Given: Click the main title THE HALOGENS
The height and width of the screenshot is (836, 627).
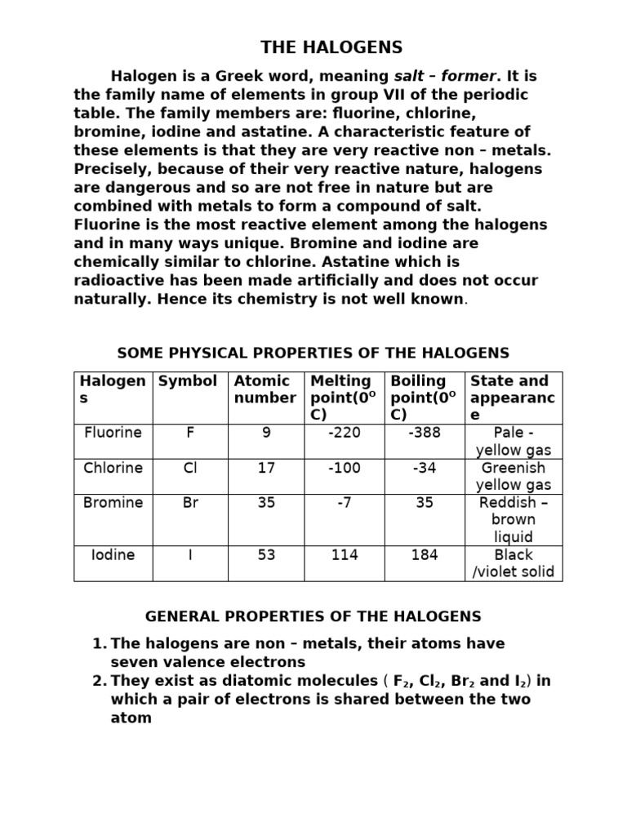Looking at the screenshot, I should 331,47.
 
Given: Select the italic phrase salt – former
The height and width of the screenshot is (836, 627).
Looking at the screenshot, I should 445,77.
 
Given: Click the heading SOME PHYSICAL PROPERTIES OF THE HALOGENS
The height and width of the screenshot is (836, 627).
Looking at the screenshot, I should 313,354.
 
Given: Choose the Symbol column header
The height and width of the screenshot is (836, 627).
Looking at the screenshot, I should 188,381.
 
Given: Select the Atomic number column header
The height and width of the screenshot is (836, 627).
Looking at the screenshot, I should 265,389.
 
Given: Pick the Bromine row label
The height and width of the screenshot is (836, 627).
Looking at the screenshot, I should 113,503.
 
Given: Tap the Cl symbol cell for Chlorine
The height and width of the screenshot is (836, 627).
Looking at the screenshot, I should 190,468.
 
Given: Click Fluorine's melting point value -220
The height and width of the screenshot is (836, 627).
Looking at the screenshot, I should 344,433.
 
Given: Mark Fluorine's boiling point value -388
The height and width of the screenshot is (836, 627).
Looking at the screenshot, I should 424,433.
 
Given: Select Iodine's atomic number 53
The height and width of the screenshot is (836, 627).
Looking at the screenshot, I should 266,555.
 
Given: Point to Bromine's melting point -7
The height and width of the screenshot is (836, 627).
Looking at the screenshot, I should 344,503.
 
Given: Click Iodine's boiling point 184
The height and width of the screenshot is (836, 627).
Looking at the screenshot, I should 425,555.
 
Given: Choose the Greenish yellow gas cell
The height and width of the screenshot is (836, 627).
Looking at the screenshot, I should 514,477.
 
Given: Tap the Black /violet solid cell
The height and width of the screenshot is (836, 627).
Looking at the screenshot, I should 514,563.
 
